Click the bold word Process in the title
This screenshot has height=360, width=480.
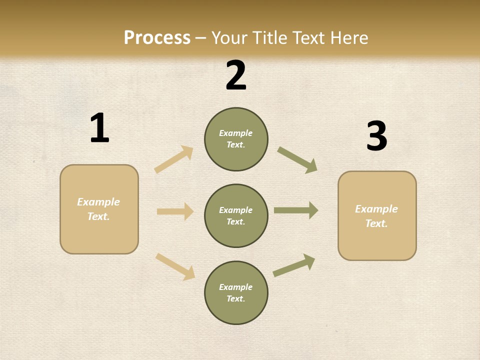click(x=157, y=37)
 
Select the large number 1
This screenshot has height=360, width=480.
click(x=99, y=128)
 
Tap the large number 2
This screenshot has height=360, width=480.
click(x=236, y=75)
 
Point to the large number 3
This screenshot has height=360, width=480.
click(x=376, y=136)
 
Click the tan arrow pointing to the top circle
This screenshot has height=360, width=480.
click(x=173, y=159)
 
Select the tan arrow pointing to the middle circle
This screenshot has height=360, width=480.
click(x=175, y=211)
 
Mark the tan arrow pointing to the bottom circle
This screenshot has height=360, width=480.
click(x=175, y=266)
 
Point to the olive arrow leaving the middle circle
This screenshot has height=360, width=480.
click(x=296, y=210)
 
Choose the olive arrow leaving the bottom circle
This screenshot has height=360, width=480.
click(x=294, y=265)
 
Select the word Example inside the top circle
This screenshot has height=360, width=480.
click(x=236, y=133)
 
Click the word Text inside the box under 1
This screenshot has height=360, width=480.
click(x=98, y=216)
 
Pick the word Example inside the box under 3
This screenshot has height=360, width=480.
click(x=376, y=209)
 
